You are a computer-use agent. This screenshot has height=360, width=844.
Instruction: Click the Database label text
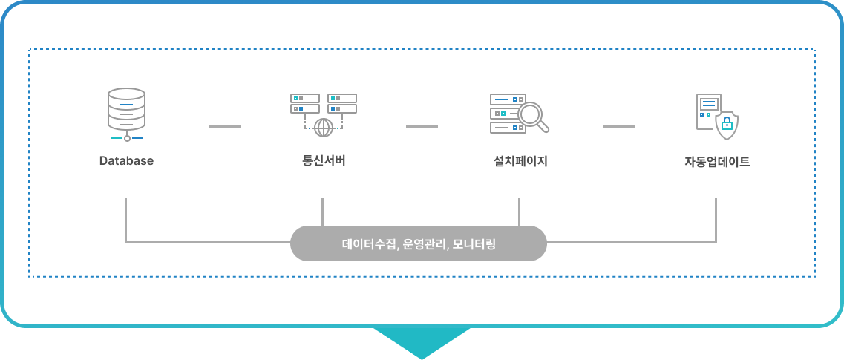126,160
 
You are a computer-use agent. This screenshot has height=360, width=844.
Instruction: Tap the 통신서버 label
323,160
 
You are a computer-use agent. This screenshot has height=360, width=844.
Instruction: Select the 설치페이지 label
520,160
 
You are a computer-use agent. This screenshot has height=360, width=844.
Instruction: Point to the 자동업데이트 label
716,160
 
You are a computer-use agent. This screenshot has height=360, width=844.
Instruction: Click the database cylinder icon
127,110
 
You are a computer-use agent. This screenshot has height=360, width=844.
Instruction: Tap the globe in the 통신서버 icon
324,128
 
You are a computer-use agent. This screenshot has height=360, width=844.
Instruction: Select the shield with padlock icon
727,125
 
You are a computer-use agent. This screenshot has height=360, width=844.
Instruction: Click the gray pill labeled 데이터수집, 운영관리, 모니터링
418,243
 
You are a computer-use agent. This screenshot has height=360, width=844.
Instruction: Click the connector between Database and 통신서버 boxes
225,127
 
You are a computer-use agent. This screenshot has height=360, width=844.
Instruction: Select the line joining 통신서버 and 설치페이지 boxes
422,127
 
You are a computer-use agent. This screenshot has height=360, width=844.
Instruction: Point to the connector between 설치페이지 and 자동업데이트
618,127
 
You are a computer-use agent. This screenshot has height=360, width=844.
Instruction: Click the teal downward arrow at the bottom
422,341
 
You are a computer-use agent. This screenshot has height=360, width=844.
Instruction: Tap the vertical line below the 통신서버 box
323,212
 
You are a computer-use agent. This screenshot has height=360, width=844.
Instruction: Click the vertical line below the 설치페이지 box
520,212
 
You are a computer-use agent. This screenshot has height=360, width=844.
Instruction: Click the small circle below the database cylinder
127,138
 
